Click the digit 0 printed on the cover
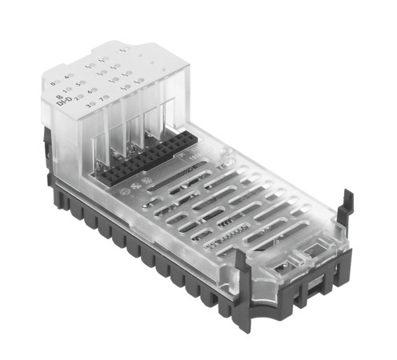pyautogui.click(x=51, y=83)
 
